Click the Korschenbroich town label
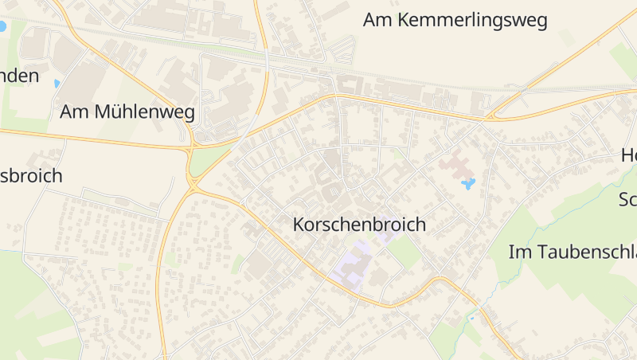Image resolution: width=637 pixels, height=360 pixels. (x=360, y=225)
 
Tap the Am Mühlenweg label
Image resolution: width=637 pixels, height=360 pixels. (x=127, y=112)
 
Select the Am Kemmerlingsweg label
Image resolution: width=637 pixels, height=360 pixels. (x=455, y=21)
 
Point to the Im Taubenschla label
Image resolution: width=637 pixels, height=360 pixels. (x=573, y=252)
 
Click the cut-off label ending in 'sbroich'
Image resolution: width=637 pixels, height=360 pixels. (x=31, y=176)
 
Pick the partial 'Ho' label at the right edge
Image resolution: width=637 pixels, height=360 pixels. (x=628, y=156)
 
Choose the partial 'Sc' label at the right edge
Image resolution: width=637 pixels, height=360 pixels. (x=627, y=200)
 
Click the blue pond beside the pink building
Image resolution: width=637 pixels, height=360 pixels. (x=468, y=184)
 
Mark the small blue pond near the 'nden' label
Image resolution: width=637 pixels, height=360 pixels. (x=57, y=83)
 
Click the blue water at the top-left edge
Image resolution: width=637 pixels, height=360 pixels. (x=2, y=26)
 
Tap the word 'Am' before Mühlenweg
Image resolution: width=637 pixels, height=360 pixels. (x=75, y=112)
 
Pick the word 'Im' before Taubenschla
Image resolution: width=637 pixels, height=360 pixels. (x=519, y=252)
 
